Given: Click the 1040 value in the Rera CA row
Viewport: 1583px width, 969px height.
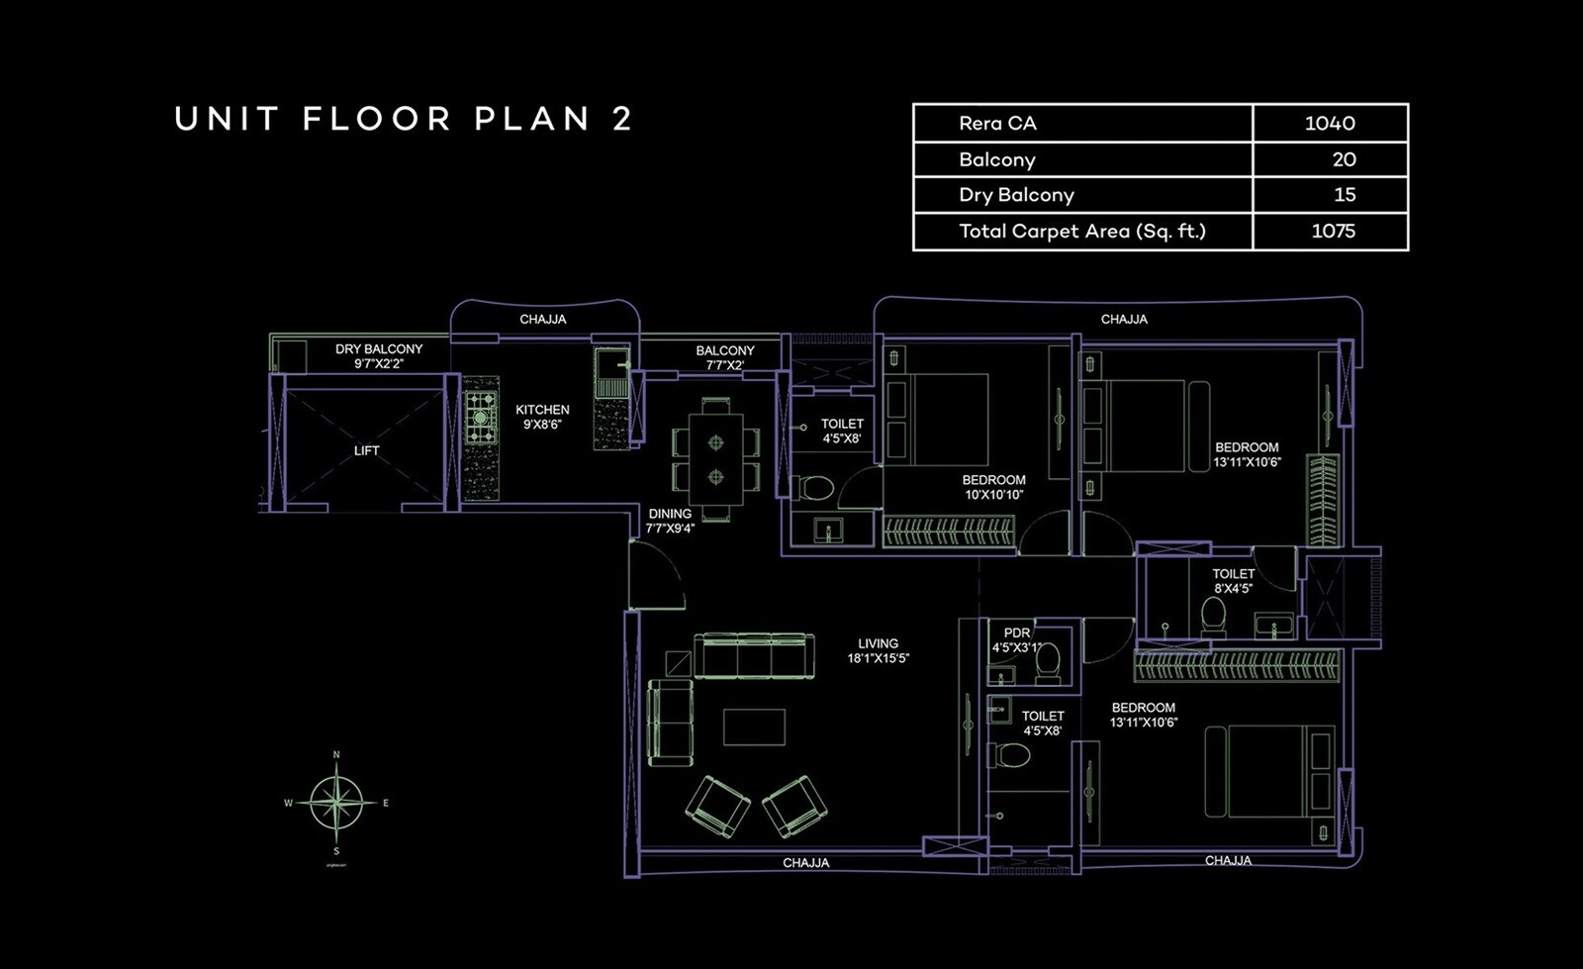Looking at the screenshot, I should coord(1329,124).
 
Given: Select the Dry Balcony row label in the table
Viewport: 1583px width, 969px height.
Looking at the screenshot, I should coord(1016,195).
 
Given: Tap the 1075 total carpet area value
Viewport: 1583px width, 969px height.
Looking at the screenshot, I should coord(1332,232).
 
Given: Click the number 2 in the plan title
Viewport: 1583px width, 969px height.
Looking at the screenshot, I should coord(622,120).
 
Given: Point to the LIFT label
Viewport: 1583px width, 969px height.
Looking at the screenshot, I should coord(366,450).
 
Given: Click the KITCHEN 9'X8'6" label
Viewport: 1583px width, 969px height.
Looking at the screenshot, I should coord(542,417).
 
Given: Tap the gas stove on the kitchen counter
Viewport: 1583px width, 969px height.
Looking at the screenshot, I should coord(482,418).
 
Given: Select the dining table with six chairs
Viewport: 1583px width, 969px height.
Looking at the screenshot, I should coord(715,459).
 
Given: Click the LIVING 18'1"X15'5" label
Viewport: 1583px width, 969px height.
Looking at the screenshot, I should coord(878,650).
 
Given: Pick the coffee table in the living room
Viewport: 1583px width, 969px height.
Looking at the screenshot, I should coord(754,727).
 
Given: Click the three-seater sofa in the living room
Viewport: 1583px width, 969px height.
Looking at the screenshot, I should coord(754,656).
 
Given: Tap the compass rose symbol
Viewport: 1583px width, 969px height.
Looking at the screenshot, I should coord(336,803).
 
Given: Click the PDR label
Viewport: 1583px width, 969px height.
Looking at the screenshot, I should coord(1017,633).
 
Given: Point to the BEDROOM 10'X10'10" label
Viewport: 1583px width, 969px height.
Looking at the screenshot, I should coord(993,487).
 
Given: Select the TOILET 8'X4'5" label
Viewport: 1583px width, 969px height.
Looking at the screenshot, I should coord(1233,581).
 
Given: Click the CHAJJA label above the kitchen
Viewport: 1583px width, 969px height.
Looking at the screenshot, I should coord(542,320).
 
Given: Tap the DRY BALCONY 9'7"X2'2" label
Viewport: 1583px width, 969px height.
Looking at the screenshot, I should coord(378,356).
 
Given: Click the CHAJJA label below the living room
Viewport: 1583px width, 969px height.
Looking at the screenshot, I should coord(805,863).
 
